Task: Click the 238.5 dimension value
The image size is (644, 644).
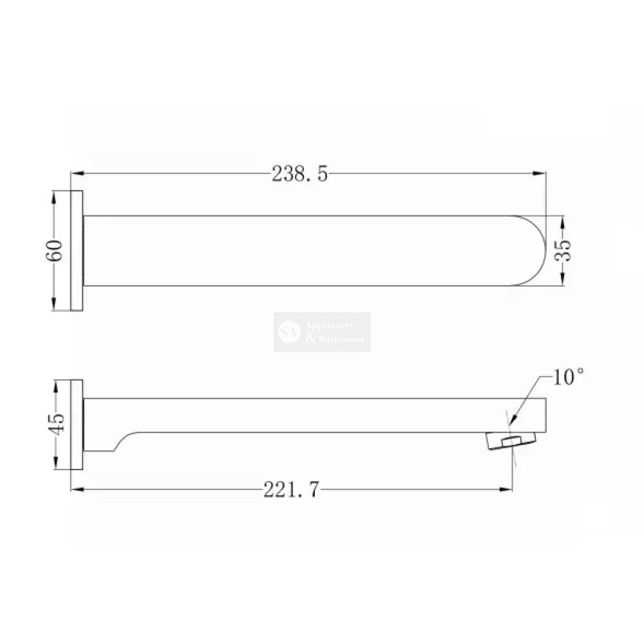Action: [300, 174]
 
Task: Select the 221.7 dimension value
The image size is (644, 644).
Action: [291, 489]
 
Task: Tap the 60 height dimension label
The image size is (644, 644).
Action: [55, 251]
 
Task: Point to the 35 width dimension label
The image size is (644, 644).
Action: [563, 250]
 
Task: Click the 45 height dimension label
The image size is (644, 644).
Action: [56, 424]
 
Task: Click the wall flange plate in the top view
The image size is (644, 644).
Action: [77, 251]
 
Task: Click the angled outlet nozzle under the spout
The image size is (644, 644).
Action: [511, 440]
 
